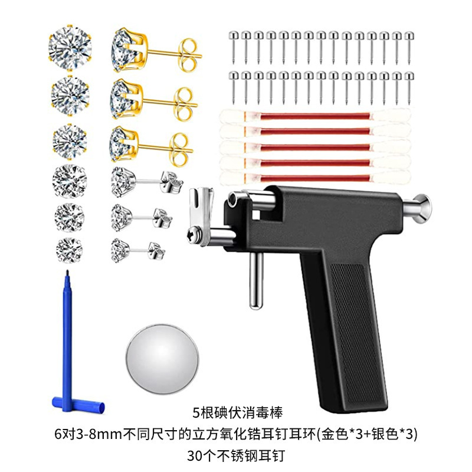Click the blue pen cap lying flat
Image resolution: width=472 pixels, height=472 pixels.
coord(77,405)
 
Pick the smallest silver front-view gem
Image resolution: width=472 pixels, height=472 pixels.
coord(70,245)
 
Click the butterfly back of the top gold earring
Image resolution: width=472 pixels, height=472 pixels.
coord(190,50)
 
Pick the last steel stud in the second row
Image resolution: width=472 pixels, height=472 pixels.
coord(407,82)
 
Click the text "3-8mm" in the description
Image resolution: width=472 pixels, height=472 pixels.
coord(118,435)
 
